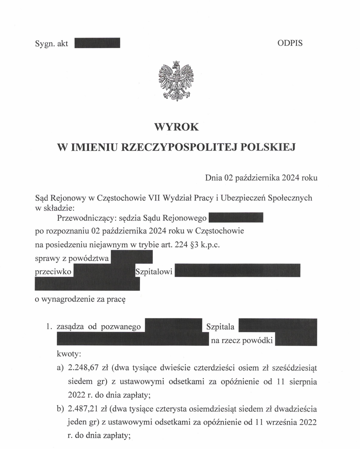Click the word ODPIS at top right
pyautogui.click(x=290, y=43)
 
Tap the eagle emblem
pyautogui.click(x=176, y=81)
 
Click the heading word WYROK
pyautogui.click(x=176, y=127)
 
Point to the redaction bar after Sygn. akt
pyautogui.click(x=97, y=43)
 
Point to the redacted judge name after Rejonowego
pyautogui.click(x=235, y=218)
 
